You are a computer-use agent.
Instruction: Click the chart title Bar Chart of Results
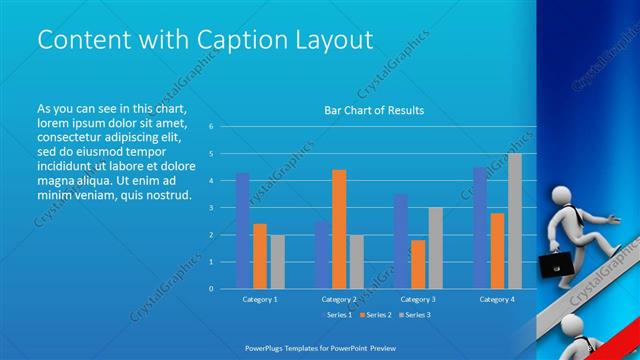click(374, 110)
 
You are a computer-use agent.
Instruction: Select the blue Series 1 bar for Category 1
click(242, 230)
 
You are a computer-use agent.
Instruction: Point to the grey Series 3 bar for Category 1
click(277, 261)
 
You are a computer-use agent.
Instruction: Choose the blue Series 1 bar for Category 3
click(401, 240)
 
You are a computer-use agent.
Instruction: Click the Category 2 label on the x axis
click(339, 299)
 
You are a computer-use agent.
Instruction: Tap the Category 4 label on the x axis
click(496, 299)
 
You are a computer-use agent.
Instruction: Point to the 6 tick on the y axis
click(211, 127)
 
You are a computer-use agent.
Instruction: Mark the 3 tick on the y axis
click(211, 207)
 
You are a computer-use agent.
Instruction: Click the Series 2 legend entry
click(374, 315)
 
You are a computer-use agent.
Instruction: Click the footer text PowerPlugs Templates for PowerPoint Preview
click(319, 347)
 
